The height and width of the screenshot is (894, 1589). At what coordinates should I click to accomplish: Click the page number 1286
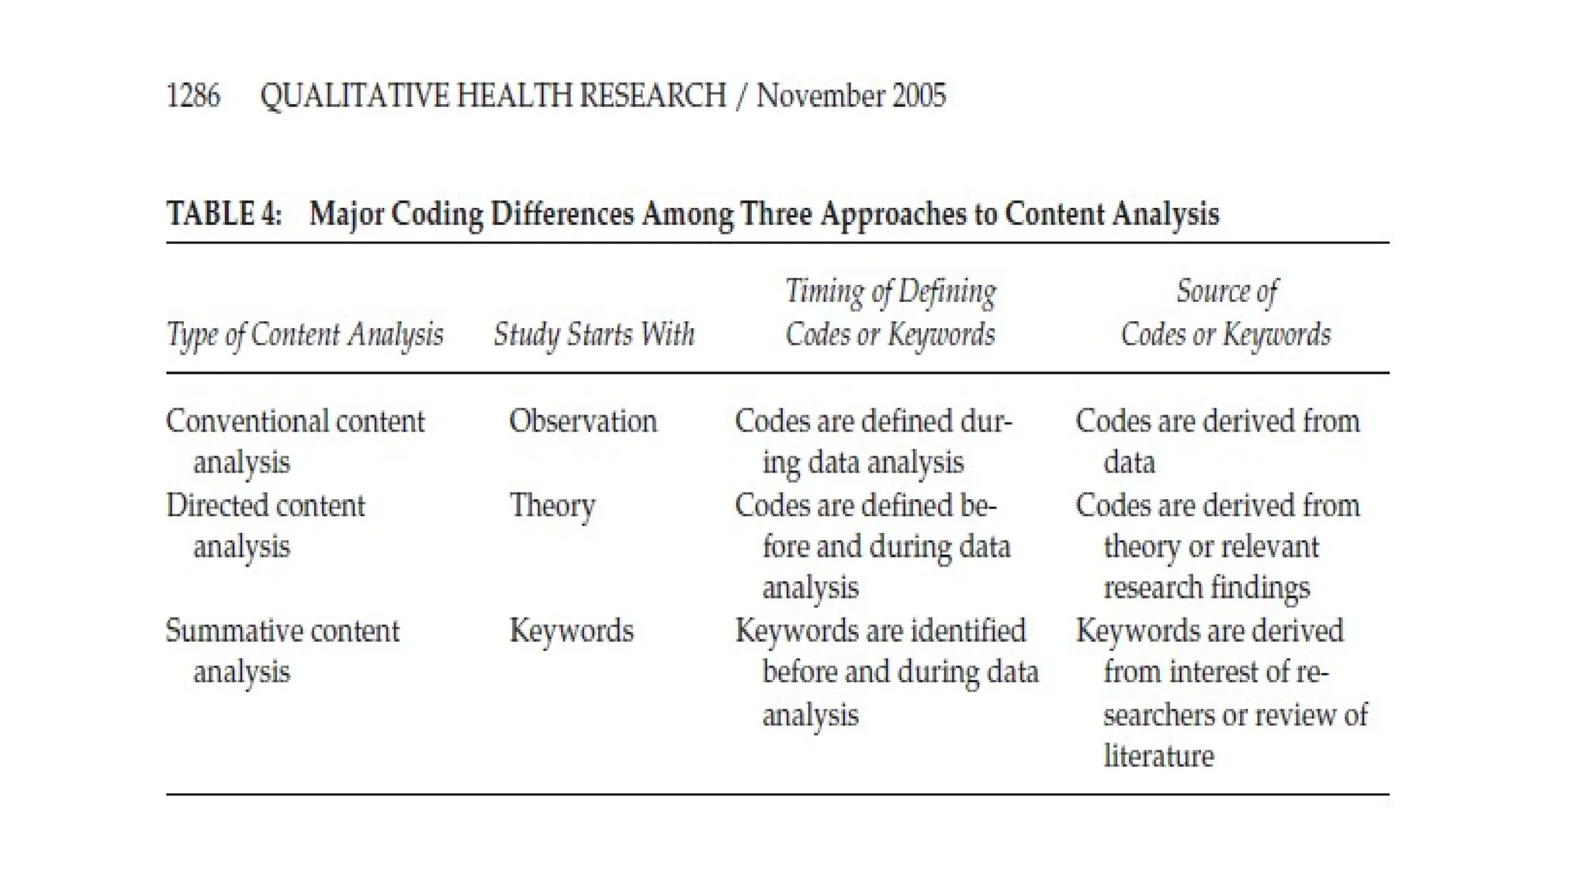(x=193, y=96)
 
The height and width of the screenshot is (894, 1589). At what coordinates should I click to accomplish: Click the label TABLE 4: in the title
(x=224, y=214)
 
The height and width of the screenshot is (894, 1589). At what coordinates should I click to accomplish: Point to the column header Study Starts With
(x=594, y=334)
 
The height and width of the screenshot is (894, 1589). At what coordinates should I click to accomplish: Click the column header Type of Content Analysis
(x=305, y=334)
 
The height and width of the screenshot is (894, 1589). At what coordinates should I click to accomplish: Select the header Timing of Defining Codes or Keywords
(x=890, y=313)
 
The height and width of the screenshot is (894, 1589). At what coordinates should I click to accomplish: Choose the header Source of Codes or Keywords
(x=1226, y=313)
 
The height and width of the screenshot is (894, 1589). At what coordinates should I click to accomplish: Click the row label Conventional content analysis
(x=295, y=441)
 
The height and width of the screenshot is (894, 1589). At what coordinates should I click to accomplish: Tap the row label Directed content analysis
(x=265, y=525)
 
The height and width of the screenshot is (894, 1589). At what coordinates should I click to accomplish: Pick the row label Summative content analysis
(x=282, y=650)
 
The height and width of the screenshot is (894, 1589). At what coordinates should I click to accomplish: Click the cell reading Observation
(x=583, y=421)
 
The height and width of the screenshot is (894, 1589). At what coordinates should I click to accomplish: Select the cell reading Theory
(x=552, y=506)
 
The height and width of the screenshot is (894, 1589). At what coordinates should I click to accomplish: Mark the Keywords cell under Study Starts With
(x=571, y=631)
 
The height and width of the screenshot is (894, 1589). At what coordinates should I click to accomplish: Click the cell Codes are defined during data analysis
(x=873, y=441)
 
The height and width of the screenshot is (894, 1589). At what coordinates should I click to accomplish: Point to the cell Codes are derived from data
(x=1217, y=441)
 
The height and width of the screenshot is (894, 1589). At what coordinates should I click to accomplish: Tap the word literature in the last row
(x=1158, y=756)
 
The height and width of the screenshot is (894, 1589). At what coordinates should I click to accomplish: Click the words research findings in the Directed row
(x=1206, y=587)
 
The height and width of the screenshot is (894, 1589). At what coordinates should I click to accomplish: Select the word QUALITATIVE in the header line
(x=355, y=96)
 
